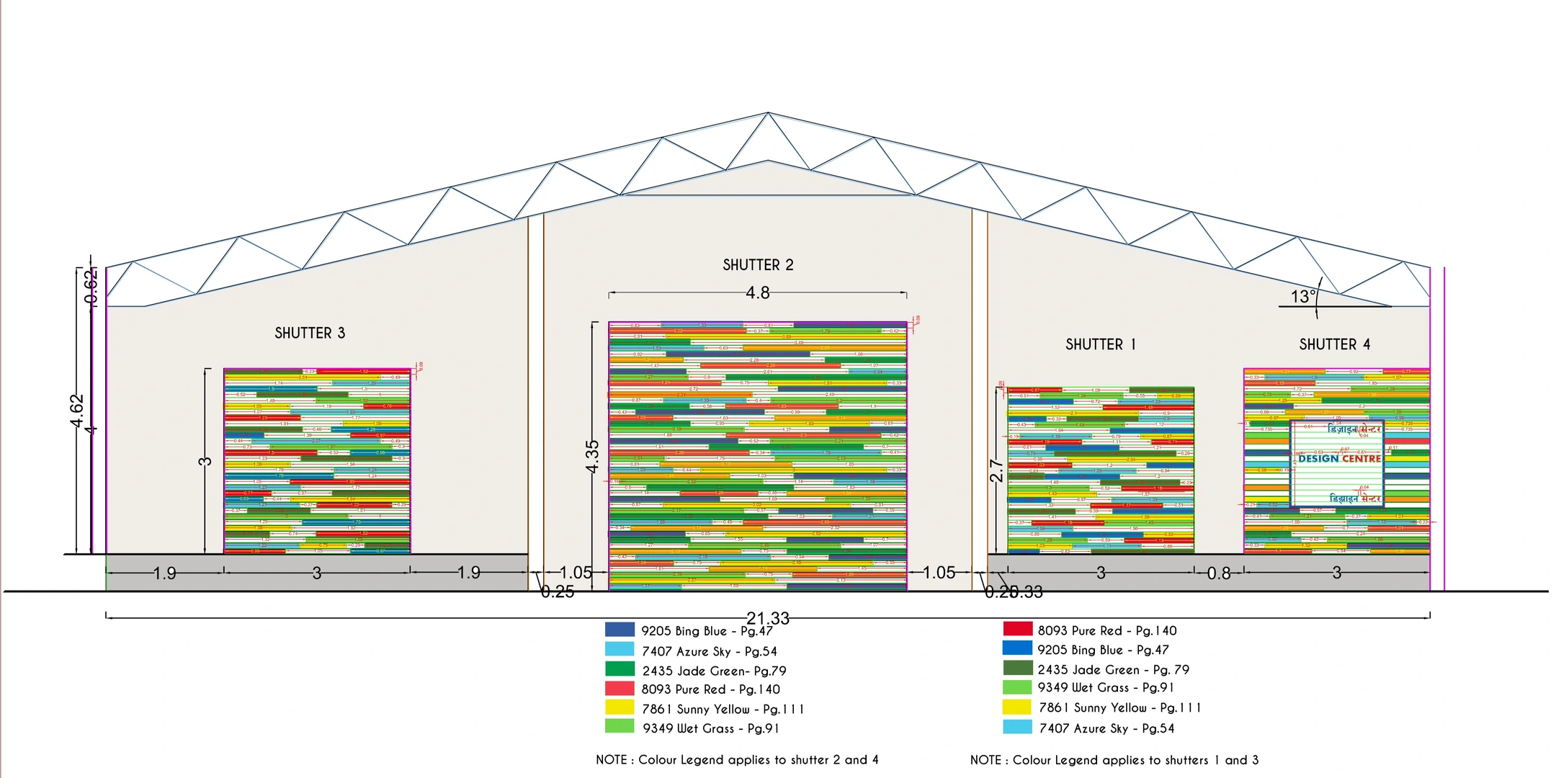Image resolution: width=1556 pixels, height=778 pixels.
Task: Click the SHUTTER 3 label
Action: [x=310, y=333]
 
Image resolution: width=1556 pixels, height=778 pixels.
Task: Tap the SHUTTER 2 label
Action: [x=758, y=265]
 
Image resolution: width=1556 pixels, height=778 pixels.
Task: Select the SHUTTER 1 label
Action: [x=1100, y=344]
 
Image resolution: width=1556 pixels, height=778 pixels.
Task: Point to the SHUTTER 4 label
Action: [x=1334, y=344]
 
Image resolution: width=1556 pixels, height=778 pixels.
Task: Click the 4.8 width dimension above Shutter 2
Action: [x=758, y=293]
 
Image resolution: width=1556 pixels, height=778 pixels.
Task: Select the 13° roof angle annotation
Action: [x=1303, y=297]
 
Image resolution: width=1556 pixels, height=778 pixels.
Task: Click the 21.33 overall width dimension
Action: [x=768, y=618]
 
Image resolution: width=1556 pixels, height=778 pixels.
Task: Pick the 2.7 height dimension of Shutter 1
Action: [x=996, y=470]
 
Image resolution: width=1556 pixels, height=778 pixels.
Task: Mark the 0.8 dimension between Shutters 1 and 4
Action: [x=1219, y=573]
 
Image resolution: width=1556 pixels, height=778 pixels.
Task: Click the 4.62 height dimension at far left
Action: [x=77, y=411]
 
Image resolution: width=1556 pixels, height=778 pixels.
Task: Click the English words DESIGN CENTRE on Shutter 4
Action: [x=1339, y=458]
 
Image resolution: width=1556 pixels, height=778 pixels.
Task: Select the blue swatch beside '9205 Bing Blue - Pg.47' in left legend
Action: [x=620, y=630]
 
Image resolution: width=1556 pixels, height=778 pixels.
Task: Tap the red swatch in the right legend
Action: [x=1017, y=629]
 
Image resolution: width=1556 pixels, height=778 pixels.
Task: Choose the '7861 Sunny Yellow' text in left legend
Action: [x=723, y=710]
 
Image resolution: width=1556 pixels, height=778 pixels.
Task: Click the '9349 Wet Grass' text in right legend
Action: [x=1105, y=688]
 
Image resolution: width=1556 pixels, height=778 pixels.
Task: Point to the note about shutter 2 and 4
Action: [x=737, y=760]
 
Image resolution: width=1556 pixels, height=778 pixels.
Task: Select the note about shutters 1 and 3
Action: [x=1114, y=760]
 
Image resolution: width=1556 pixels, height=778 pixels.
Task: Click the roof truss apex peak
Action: [x=768, y=113]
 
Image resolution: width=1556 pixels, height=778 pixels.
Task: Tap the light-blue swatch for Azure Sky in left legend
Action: [x=620, y=650]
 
